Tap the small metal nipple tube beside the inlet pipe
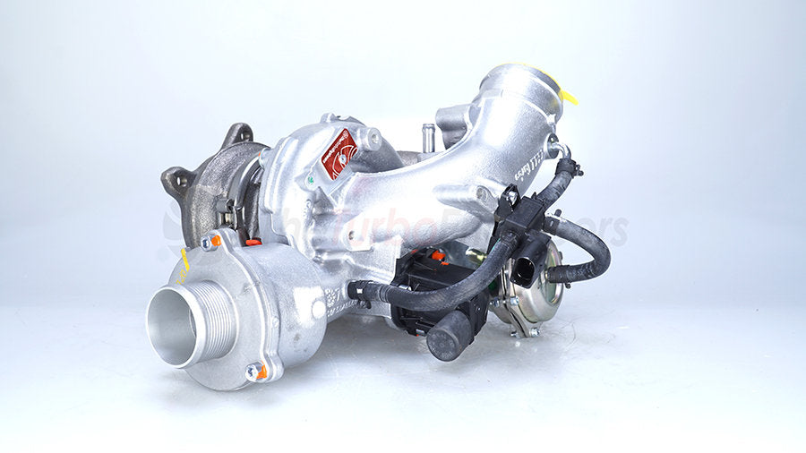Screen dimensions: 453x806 (428, 136)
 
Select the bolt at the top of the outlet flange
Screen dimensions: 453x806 (208, 242)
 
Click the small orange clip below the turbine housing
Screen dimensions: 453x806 (253, 241)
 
